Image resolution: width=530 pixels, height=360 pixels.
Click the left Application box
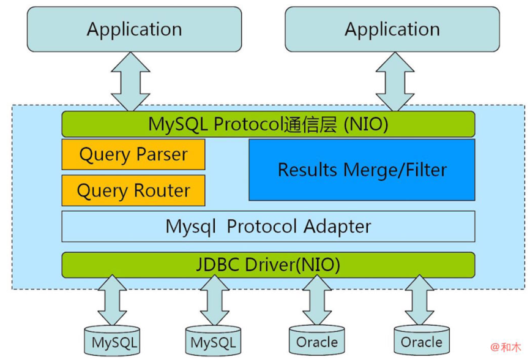pyautogui.click(x=134, y=29)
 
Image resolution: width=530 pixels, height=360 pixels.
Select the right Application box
pyautogui.click(x=392, y=29)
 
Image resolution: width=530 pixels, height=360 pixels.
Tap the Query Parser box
pyautogui.click(x=133, y=154)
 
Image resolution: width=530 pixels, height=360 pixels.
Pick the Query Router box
pyautogui.click(x=133, y=190)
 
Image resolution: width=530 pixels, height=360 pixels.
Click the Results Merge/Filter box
pyautogui.click(x=362, y=170)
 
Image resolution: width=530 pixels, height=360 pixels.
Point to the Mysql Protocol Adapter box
pyautogui.click(x=269, y=227)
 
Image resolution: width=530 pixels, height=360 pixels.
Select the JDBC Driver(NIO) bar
pyautogui.click(x=269, y=265)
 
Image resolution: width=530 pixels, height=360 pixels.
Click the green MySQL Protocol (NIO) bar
pyautogui.click(x=269, y=124)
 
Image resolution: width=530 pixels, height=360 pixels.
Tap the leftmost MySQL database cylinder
pyautogui.click(x=112, y=341)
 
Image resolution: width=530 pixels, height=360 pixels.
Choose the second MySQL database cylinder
pyautogui.click(x=213, y=341)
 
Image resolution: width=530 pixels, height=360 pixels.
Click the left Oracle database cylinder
pyautogui.click(x=317, y=340)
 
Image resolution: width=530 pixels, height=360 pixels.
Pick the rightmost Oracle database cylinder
pyautogui.click(x=422, y=340)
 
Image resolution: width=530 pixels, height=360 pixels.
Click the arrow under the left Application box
pyautogui.click(x=130, y=81)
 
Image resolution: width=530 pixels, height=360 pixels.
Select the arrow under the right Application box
pyautogui.click(x=395, y=81)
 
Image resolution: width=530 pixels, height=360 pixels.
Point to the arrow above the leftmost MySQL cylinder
pyautogui.click(x=112, y=300)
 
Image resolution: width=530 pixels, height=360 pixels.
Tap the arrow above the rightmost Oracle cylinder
pyautogui.click(x=419, y=300)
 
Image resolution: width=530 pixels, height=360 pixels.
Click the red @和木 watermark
pyautogui.click(x=506, y=347)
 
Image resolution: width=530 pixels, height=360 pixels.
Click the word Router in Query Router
pyautogui.click(x=162, y=190)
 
